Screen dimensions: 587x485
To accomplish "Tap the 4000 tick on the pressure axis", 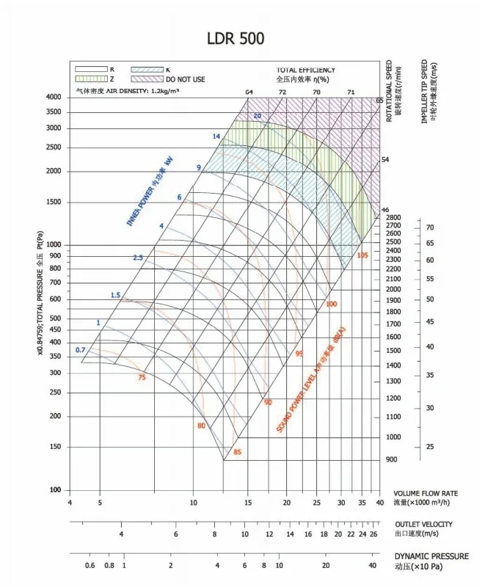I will coord(54,97).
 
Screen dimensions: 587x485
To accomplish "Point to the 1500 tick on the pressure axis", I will coord(54,203).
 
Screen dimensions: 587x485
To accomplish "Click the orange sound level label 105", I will coord(362,255).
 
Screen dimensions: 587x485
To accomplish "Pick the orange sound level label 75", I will coord(142,377).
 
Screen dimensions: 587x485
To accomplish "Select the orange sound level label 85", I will coord(237,452).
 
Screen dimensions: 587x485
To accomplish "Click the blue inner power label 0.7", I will coord(81,349).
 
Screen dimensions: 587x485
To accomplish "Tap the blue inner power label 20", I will coord(257,116).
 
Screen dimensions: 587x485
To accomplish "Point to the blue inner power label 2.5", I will coord(138,258).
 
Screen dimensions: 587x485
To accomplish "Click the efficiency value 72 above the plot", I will coord(282,92).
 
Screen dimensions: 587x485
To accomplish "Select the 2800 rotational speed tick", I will coord(393,218).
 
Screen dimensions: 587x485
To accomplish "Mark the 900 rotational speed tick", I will coord(391,459).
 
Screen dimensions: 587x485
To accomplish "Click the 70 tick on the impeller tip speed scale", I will coord(430,227).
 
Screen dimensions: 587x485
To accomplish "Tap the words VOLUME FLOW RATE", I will coord(426,493).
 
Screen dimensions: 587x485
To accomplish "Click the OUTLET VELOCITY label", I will coord(423,524).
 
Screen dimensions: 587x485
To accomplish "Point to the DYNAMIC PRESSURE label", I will coord(431,556).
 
